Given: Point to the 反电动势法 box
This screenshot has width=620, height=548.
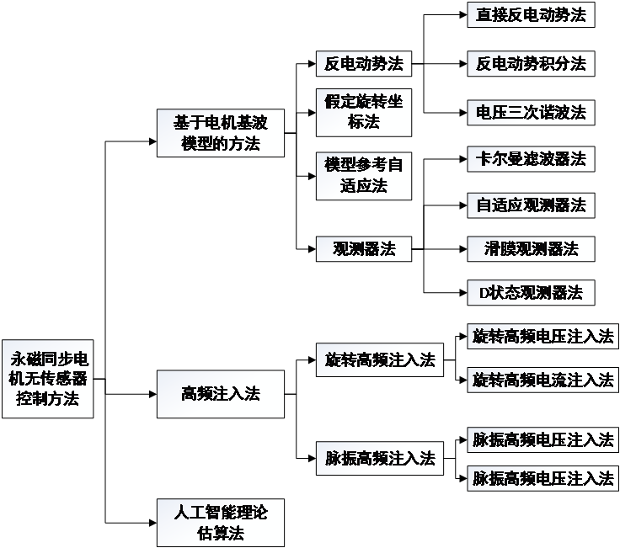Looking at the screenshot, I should pos(364,63).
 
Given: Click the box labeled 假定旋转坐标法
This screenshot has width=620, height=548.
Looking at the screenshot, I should pos(364,112).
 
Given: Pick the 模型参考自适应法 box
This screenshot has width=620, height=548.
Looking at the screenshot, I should pos(364,175).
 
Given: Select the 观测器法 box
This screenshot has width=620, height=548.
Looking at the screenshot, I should pos(364,248).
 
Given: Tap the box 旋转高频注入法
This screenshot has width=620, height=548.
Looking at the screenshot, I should pos(380,360).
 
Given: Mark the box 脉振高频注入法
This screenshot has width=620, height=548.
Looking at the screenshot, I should pos(380,458).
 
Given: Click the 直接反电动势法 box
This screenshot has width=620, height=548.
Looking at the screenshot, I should pos(531,14).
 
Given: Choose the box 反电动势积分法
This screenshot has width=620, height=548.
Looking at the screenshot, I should pos(531,63).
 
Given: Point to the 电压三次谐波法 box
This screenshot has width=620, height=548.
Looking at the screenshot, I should pos(531,112).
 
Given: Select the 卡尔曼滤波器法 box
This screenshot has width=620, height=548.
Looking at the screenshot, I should pos(531,158).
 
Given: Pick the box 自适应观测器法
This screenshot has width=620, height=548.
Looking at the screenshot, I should pos(531,205).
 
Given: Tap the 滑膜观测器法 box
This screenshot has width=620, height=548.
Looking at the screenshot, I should pos(531,248).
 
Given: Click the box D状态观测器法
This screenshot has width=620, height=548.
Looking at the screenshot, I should pos(531,292).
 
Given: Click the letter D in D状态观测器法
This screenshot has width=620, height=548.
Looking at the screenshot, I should pos(484,293).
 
